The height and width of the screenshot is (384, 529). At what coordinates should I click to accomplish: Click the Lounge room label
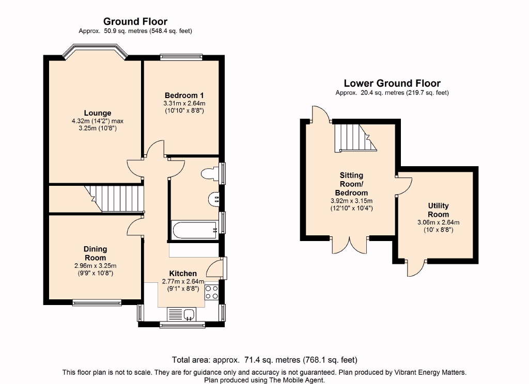[x=98, y=113]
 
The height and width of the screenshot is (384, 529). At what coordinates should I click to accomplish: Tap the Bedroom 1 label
[x=184, y=95]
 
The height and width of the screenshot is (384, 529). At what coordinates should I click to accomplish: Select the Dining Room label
[x=96, y=253]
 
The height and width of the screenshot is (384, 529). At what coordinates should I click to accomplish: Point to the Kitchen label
[x=183, y=274]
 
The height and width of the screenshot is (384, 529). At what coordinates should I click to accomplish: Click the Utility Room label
[x=438, y=210]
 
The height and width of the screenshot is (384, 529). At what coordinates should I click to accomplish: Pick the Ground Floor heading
[x=135, y=22]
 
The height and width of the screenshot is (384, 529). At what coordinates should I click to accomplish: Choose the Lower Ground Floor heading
[x=392, y=83]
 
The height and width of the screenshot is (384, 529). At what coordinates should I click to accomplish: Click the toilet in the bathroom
[x=210, y=173]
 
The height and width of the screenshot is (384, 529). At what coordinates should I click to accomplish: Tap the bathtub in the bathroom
[x=195, y=230]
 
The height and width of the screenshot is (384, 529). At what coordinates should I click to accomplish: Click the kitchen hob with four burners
[x=211, y=292]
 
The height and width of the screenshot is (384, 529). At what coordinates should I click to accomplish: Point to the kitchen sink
[x=182, y=314]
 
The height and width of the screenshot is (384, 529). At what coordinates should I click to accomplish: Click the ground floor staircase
[x=114, y=199]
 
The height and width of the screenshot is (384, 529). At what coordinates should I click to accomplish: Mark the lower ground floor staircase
[x=355, y=138]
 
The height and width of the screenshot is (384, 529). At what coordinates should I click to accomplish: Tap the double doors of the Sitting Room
[x=350, y=245]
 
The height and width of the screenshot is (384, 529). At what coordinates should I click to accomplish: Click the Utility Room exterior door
[x=416, y=268]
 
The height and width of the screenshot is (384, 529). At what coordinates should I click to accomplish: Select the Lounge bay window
[x=96, y=50]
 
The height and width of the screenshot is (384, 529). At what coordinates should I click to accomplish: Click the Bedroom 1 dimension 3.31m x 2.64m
[x=184, y=104]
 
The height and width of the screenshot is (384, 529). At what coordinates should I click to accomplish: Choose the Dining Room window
[x=97, y=302]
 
